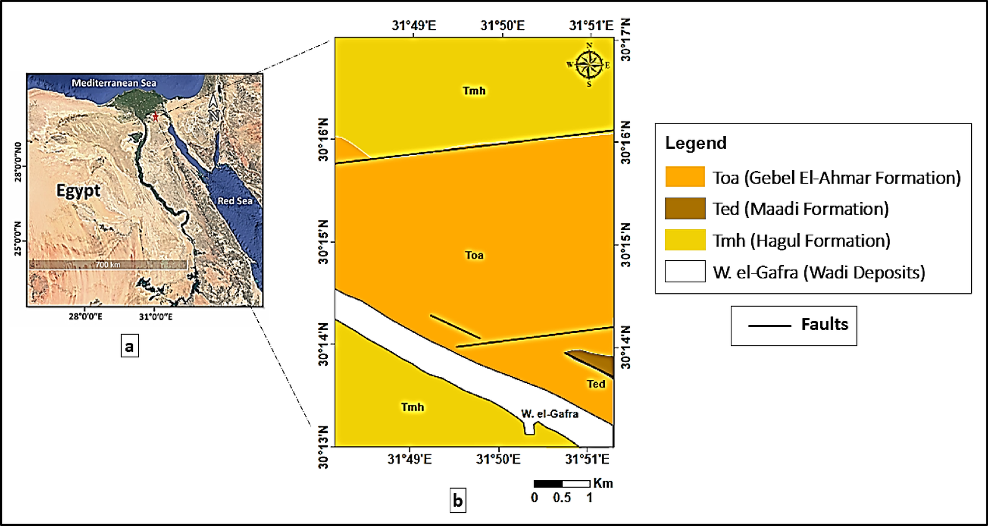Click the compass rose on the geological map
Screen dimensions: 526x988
[589, 64]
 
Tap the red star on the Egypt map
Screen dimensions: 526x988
[155, 117]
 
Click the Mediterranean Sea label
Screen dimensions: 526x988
[114, 83]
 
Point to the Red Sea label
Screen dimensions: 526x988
[235, 201]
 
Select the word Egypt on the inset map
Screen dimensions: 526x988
[78, 190]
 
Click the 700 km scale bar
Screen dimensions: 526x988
[108, 264]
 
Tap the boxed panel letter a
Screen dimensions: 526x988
[129, 346]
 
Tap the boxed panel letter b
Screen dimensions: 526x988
[458, 500]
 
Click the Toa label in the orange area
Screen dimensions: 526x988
[474, 255]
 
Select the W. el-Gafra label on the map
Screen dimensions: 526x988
[550, 414]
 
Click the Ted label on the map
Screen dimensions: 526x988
[596, 384]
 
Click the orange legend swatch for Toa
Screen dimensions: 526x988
[685, 177]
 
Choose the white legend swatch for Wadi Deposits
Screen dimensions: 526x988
[685, 271]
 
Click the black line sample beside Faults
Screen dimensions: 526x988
[770, 326]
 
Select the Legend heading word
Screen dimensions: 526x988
[696, 143]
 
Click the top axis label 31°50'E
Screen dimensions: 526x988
[502, 26]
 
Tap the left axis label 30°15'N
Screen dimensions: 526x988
[323, 242]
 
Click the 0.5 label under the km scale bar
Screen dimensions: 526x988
[561, 498]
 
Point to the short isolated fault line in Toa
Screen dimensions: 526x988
[455, 327]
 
